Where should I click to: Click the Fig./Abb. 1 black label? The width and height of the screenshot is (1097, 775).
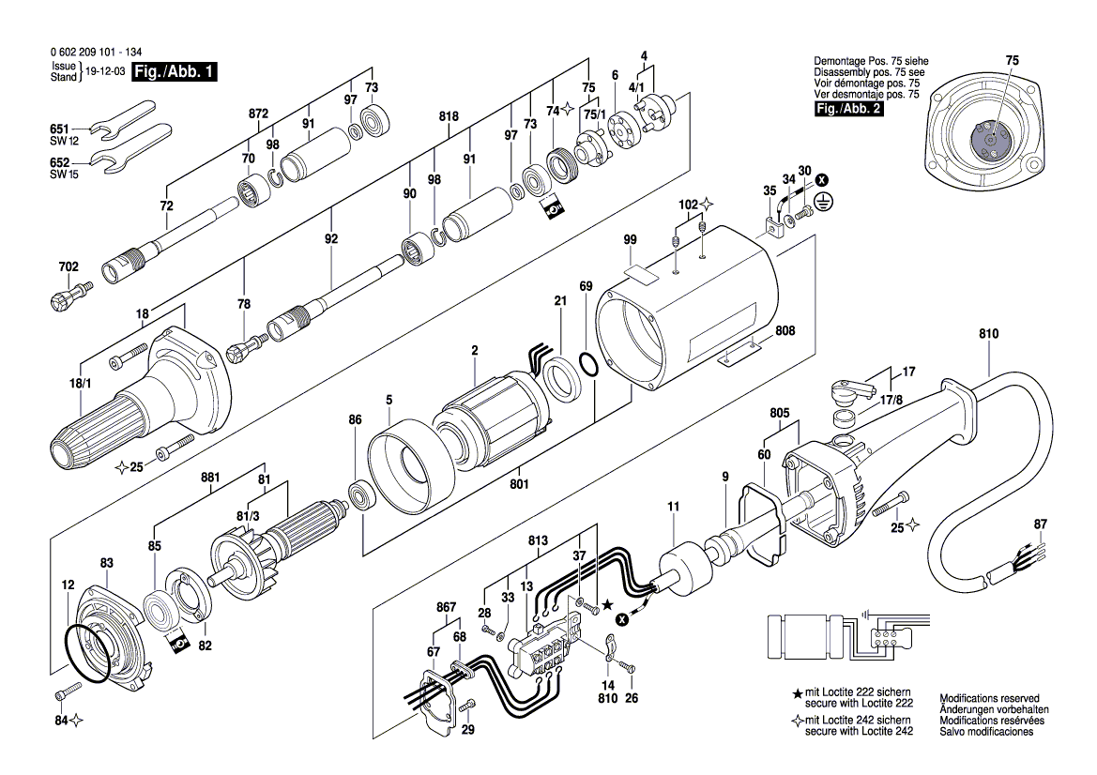[175, 72]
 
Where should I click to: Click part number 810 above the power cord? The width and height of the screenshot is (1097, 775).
[988, 333]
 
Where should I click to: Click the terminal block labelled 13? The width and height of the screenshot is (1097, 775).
[544, 647]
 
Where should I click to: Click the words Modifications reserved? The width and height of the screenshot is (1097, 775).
[989, 699]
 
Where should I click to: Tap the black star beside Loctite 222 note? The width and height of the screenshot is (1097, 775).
[798, 693]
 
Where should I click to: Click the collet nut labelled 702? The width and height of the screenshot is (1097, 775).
[66, 298]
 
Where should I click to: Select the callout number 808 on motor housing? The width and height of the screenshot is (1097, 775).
[785, 331]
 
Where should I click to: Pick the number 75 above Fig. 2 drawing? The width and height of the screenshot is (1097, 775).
[1011, 60]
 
